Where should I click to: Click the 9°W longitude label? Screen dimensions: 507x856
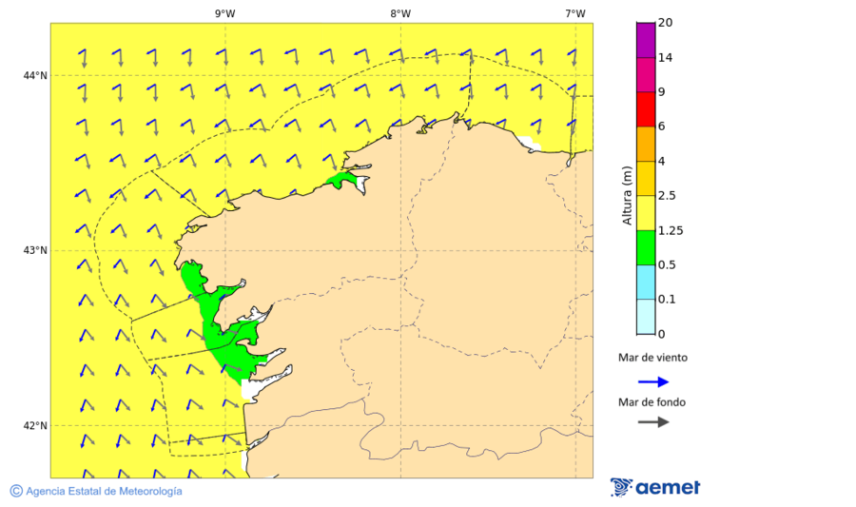tap(225, 13)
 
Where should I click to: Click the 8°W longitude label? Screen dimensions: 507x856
tap(400, 13)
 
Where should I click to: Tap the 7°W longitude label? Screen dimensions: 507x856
tap(575, 13)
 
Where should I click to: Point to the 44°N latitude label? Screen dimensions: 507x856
tap(35, 76)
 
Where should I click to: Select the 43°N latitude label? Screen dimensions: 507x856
tap(35, 251)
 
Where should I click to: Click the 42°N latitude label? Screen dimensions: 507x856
tap(35, 426)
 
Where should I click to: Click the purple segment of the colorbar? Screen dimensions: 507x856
tap(646, 39)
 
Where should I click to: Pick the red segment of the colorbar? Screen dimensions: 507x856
tap(646, 109)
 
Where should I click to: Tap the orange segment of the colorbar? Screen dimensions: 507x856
tap(646, 144)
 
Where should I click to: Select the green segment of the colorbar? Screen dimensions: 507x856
tap(646, 247)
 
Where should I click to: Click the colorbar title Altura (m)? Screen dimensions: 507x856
tap(627, 195)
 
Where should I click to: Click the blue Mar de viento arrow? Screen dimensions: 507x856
tap(652, 381)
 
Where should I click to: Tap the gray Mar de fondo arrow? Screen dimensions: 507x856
tap(652, 422)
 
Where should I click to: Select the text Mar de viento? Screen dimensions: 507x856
tap(652, 359)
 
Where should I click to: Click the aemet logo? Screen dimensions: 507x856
tap(655, 487)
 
